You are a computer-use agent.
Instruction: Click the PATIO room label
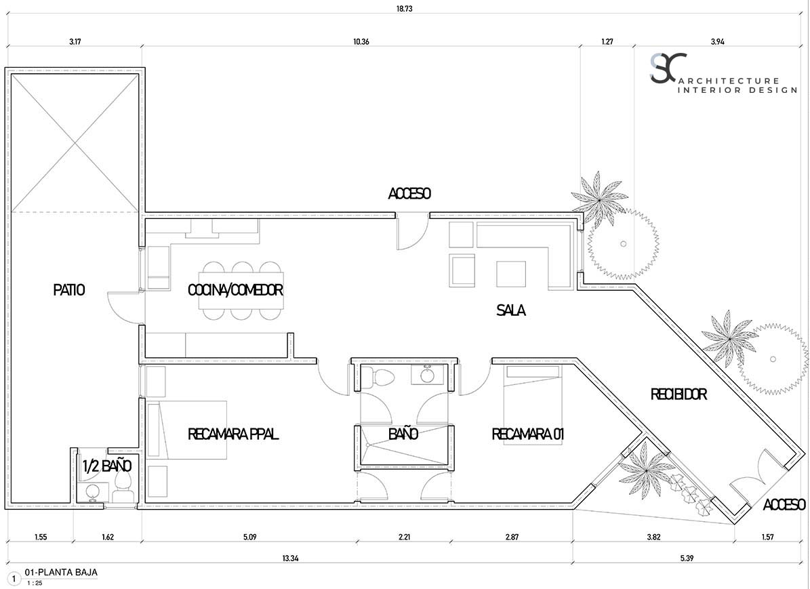pos(68,290)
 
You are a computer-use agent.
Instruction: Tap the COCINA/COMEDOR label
pos(236,290)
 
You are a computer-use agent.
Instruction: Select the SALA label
pos(511,310)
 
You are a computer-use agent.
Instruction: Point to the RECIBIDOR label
pos(679,394)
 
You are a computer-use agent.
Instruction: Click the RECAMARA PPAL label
pos(233,434)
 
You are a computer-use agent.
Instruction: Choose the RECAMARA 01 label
pos(527,434)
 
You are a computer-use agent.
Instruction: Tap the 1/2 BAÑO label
pos(107,466)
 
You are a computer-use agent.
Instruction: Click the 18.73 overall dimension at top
pos(405,9)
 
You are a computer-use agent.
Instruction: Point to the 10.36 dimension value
pos(361,42)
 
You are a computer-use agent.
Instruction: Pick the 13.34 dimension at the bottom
pos(289,558)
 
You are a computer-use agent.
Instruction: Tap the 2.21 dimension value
pos(405,537)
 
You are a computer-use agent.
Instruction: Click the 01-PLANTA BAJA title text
pos(61,572)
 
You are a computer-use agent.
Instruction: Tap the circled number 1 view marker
pos(14,580)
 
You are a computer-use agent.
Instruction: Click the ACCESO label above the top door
pos(409,193)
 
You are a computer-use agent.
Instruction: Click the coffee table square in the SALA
pos(511,274)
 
